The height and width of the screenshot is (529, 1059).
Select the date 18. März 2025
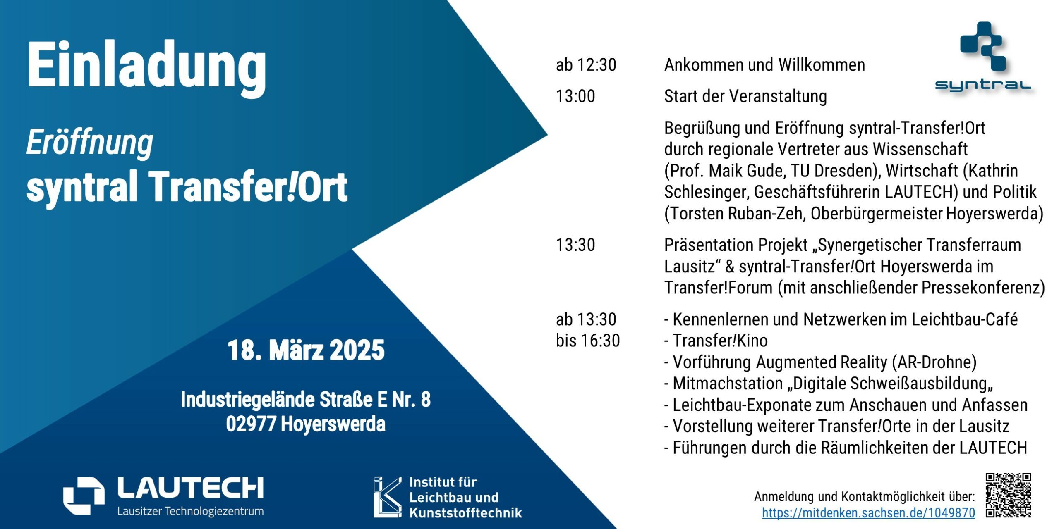[x=306, y=350]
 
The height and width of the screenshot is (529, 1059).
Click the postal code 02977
[x=251, y=424]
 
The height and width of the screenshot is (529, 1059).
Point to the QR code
[x=1008, y=495]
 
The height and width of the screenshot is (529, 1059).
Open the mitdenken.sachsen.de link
[x=868, y=513]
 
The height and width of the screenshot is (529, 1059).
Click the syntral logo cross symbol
[x=983, y=46]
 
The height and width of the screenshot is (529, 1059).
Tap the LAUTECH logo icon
[x=84, y=496]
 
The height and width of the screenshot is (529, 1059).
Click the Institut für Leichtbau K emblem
[x=388, y=497]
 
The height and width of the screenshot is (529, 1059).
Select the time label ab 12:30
[x=586, y=65]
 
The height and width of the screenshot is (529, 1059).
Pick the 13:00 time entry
[x=575, y=96]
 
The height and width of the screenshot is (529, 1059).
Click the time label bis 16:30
[x=588, y=341]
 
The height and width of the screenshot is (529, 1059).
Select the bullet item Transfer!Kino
[x=720, y=341]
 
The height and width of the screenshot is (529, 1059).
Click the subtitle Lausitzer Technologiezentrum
[x=190, y=511]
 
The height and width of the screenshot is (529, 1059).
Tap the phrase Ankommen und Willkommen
[x=764, y=65]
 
